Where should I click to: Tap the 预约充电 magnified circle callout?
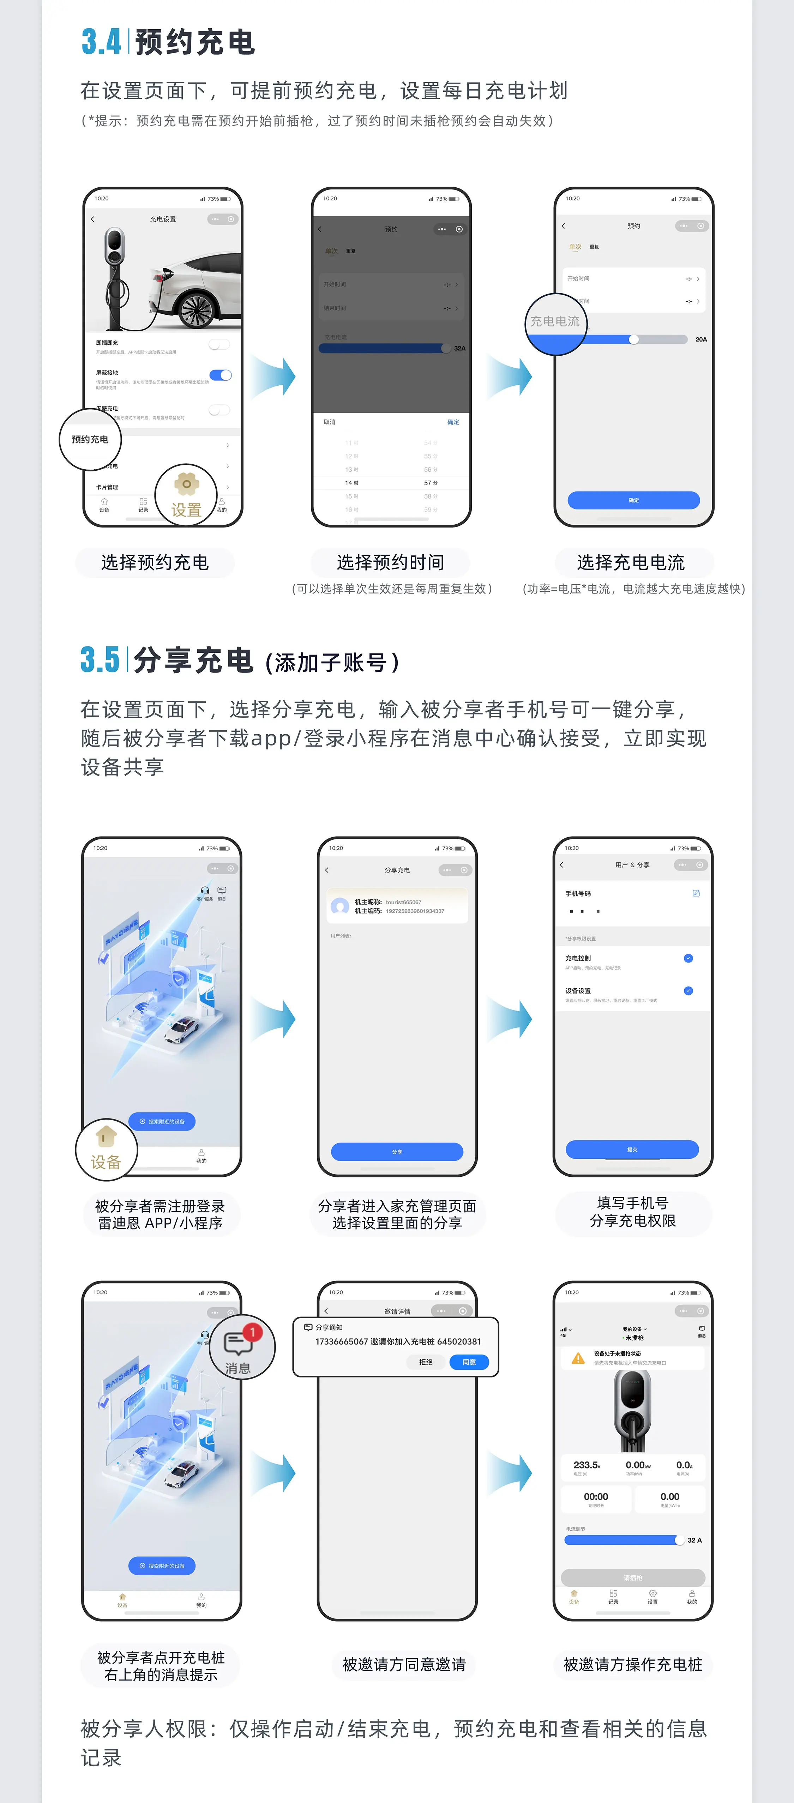point(90,440)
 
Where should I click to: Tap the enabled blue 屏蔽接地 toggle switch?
point(221,375)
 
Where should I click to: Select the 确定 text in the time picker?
point(453,422)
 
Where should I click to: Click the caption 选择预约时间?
point(390,563)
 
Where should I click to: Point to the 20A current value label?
point(701,339)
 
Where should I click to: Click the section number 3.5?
point(100,660)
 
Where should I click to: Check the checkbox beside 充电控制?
point(688,958)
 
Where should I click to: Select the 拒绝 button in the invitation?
point(426,1362)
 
